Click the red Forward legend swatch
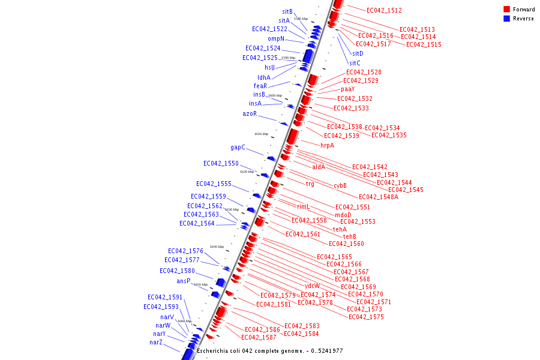(507, 9)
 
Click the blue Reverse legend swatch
(507, 18)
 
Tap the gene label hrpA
(327, 145)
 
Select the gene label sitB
(287, 11)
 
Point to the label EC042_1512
(384, 10)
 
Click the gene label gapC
(238, 147)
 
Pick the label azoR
(250, 113)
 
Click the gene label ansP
(183, 281)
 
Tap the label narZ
(156, 342)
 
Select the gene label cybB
(340, 185)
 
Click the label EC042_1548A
(378, 197)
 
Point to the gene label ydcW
(312, 286)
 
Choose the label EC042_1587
(259, 337)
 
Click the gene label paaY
(347, 89)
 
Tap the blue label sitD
(358, 53)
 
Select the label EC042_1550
(221, 163)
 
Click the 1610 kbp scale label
(261, 134)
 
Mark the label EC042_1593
(161, 307)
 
